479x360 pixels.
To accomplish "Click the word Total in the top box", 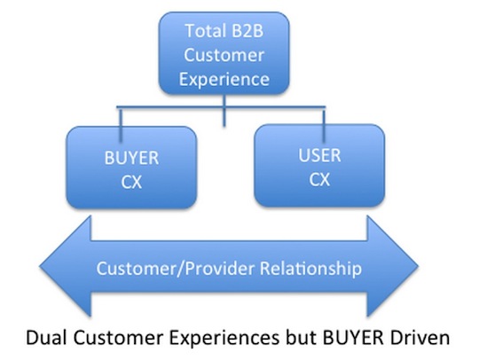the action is [x=202, y=31].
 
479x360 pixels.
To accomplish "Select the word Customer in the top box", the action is [x=224, y=55].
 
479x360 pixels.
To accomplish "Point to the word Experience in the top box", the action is [x=224, y=80].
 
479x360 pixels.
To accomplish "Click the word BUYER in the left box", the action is [x=131, y=158].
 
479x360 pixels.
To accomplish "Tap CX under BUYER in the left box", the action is [x=131, y=183].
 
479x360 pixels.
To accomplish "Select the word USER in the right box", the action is [x=319, y=155].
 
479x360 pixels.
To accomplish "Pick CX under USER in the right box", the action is [x=319, y=179].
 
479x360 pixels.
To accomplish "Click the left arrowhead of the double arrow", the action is [x=65, y=266].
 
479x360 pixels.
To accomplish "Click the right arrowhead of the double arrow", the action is [x=393, y=266].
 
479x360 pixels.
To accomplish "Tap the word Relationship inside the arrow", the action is [x=310, y=269].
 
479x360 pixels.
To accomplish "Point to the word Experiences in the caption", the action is [x=224, y=339].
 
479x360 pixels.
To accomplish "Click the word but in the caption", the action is [x=301, y=338].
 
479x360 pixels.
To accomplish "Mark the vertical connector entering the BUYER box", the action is [x=121, y=124].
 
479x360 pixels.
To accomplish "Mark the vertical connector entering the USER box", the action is [x=324, y=124].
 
